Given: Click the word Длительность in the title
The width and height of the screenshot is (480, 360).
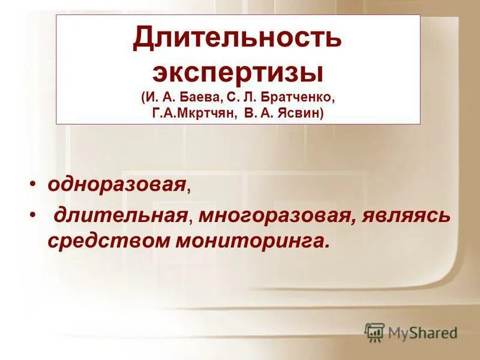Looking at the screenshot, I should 238,40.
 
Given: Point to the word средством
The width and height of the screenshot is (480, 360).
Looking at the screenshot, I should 108,240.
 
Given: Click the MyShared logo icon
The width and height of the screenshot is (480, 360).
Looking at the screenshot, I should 374,332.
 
